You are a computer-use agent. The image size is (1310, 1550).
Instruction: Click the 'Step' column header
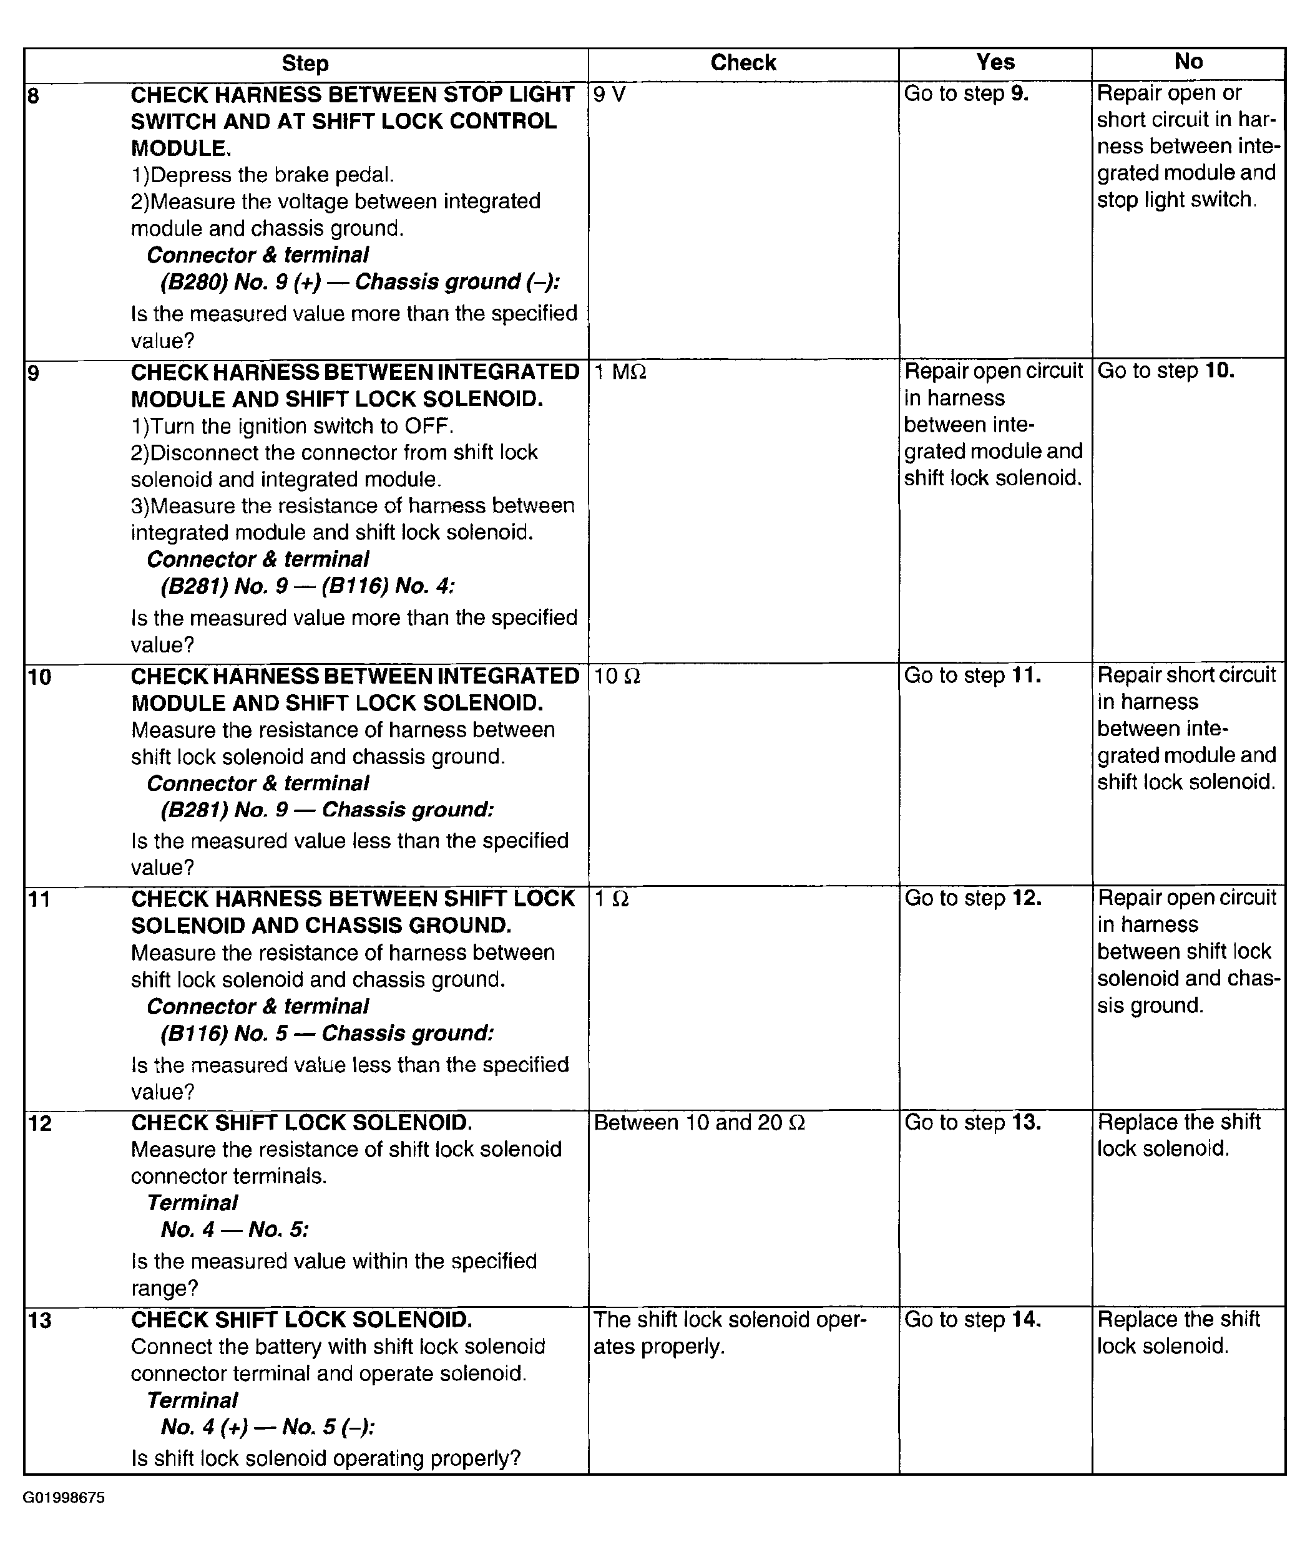pos(305,64)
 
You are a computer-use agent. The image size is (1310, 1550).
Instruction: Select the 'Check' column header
pos(743,63)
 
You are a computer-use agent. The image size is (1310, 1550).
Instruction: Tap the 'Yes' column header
pos(994,62)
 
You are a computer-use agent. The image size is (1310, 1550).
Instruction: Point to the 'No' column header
pos(1188,62)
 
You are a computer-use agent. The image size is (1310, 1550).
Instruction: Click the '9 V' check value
pos(610,94)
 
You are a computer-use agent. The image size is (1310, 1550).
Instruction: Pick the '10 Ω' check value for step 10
pos(617,676)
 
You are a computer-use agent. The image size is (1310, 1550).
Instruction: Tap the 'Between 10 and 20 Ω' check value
pos(699,1122)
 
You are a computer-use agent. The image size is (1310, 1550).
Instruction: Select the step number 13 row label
pos(39,1320)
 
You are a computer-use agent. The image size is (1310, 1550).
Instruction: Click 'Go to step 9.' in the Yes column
pos(966,94)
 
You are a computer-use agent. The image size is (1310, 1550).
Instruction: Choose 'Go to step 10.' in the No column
pos(1165,371)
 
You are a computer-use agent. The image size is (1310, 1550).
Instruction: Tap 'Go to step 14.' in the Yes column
pos(972,1319)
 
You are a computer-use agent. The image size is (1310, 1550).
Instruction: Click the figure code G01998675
pos(64,1498)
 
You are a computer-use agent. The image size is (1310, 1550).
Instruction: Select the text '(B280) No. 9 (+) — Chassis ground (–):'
pos(360,282)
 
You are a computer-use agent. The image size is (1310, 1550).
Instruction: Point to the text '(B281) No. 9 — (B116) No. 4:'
pos(308,586)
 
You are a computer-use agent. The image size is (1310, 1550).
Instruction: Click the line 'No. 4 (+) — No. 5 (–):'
pos(267,1426)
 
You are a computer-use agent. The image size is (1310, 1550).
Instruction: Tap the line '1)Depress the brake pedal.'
pos(262,175)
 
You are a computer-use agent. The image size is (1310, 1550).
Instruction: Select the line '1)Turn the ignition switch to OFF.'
pos(292,426)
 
